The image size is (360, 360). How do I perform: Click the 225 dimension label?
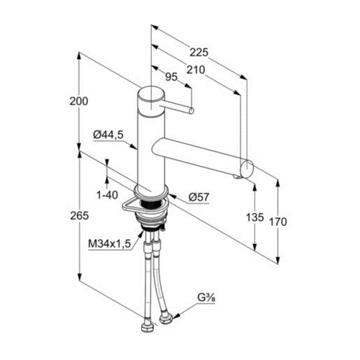coord(199,53)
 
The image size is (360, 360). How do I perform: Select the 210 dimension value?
coord(196,70)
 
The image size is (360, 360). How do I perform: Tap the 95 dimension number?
coord(171,77)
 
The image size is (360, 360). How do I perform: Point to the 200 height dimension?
coord(79,102)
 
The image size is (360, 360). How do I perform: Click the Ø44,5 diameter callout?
coord(108,135)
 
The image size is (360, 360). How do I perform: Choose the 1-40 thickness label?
coord(107,195)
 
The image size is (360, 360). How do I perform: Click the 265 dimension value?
coord(79,216)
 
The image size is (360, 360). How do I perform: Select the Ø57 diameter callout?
coord(199,197)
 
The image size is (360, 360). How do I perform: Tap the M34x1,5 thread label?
coord(109,244)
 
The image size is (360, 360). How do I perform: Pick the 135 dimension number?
coord(255,217)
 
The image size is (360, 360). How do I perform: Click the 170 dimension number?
coord(278,222)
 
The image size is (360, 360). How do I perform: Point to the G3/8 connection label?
coord(206,298)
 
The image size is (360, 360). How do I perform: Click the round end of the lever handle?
coord(192,110)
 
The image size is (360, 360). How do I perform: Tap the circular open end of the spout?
coord(247,169)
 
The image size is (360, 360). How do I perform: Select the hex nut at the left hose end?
coord(146,327)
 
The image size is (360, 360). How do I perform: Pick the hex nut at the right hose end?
coord(166,319)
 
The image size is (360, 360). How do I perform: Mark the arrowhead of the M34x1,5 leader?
coord(142,233)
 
